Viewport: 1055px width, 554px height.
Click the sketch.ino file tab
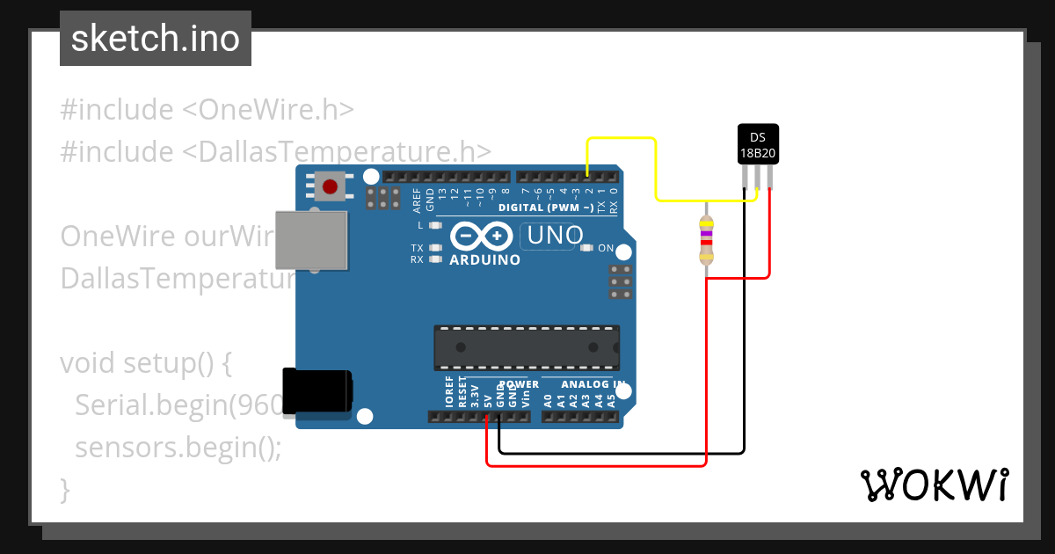click(x=156, y=39)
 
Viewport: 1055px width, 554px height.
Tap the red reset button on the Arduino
click(x=330, y=186)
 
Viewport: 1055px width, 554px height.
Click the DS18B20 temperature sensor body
click(x=757, y=144)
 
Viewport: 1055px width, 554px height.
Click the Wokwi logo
click(x=934, y=485)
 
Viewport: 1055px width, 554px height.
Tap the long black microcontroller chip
click(x=526, y=347)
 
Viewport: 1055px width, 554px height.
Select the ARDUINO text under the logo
click(x=484, y=260)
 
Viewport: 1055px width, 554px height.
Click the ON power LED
click(x=587, y=248)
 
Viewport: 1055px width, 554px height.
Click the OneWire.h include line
click(x=207, y=110)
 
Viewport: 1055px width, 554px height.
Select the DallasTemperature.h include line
click(x=275, y=151)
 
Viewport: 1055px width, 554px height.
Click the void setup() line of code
click(x=145, y=362)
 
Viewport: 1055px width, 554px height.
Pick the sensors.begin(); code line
click(x=178, y=448)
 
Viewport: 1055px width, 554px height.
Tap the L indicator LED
click(x=434, y=226)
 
